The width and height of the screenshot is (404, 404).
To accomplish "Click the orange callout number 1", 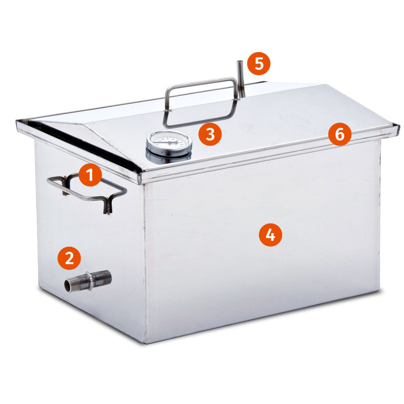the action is [90, 175].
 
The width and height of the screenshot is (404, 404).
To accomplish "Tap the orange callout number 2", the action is [69, 258].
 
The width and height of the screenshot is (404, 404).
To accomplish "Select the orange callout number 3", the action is [210, 134].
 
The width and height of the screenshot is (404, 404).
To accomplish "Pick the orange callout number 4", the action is [271, 235].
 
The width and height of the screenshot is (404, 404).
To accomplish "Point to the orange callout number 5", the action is [259, 64].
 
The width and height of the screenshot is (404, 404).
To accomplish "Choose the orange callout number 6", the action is [340, 134].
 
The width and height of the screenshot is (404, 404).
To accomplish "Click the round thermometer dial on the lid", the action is [169, 142].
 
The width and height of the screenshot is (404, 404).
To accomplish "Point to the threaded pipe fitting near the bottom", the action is [88, 281].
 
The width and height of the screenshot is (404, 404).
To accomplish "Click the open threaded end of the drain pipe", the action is [67, 285].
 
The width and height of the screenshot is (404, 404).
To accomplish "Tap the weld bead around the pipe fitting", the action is [90, 281].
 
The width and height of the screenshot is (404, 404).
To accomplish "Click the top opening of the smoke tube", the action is [240, 62].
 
